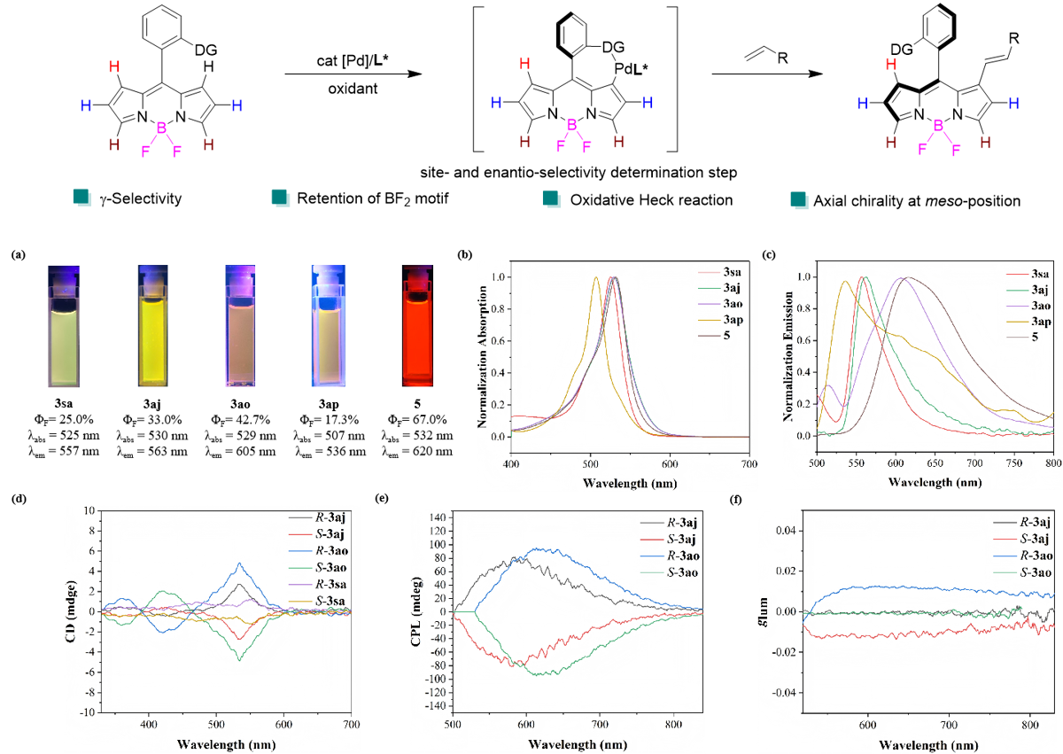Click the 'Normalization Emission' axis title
pyautogui.click(x=788, y=357)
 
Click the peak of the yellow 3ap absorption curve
pyautogui.click(x=595, y=277)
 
